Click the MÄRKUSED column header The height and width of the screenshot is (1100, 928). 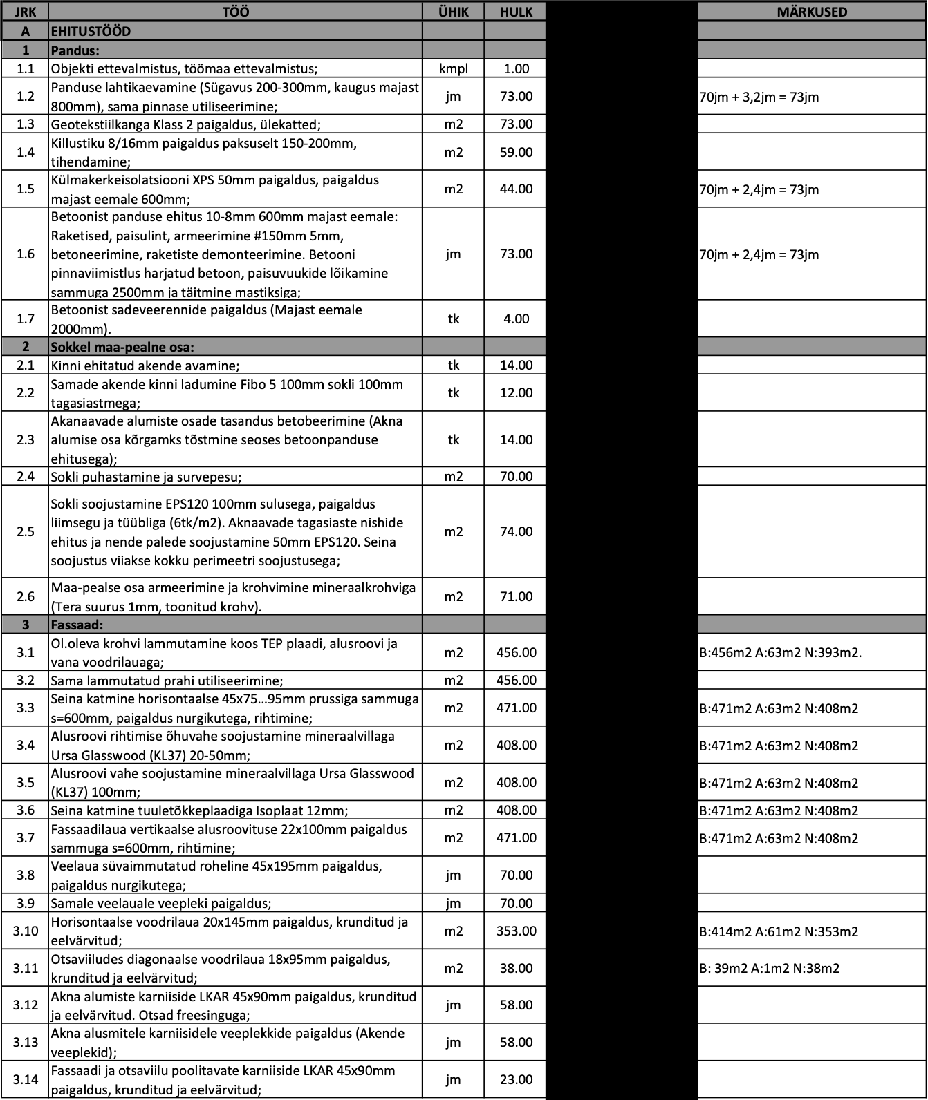pyautogui.click(x=812, y=12)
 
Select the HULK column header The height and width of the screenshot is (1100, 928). pyautogui.click(x=516, y=12)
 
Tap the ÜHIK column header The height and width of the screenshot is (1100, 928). pyautogui.click(x=453, y=12)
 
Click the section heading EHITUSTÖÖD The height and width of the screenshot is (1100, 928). pyautogui.click(x=91, y=31)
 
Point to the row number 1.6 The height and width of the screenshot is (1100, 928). pyautogui.click(x=26, y=254)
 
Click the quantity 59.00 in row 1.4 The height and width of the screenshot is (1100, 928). pyautogui.click(x=516, y=152)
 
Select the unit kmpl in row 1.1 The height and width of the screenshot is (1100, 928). pyautogui.click(x=453, y=68)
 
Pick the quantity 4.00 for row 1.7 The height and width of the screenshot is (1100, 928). pyautogui.click(x=516, y=319)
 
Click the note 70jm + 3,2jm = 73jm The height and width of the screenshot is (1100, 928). pyautogui.click(x=759, y=97)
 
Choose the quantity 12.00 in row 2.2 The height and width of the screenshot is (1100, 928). pyautogui.click(x=516, y=392)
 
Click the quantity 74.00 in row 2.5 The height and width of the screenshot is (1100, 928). pyautogui.click(x=516, y=531)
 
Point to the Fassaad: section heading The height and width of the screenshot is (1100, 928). pyautogui.click(x=77, y=625)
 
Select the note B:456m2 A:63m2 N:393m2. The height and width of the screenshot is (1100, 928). pyautogui.click(x=781, y=652)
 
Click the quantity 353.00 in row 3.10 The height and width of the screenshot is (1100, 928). pyautogui.click(x=516, y=931)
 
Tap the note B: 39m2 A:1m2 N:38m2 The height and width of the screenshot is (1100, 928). pyautogui.click(x=769, y=968)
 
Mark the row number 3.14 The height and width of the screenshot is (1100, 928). pyautogui.click(x=26, y=1079)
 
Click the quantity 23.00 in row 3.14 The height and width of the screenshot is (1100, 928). pyautogui.click(x=516, y=1079)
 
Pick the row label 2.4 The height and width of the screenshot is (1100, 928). pyautogui.click(x=26, y=476)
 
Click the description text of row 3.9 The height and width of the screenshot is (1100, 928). pyautogui.click(x=161, y=903)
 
